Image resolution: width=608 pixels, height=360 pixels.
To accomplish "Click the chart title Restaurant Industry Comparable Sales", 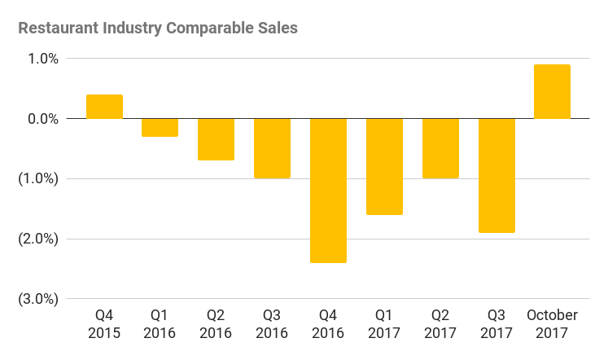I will click(158, 29).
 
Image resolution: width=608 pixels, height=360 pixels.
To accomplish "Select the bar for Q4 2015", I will click(104, 107).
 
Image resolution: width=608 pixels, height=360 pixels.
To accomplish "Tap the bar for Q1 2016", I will click(160, 127).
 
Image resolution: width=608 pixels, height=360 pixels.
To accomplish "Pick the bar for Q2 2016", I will click(217, 139).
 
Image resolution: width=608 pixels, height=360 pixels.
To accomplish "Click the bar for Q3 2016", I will click(273, 148).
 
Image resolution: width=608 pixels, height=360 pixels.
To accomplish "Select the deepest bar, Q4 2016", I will click(328, 191).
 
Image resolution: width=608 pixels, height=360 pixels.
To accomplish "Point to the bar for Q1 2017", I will click(384, 166).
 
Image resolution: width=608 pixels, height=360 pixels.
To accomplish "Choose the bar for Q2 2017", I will click(440, 148).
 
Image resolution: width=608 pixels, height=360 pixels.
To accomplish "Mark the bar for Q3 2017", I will click(496, 175).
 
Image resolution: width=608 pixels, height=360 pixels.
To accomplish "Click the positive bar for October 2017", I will click(552, 91).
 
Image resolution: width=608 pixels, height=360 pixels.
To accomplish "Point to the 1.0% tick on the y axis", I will click(44, 59).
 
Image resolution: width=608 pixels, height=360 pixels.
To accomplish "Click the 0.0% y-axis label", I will click(44, 119).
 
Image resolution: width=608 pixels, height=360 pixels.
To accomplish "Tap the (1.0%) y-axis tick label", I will click(38, 179).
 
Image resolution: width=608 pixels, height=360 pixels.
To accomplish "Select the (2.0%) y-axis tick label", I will click(38, 239).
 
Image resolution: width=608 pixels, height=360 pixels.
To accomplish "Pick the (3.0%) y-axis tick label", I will click(38, 299).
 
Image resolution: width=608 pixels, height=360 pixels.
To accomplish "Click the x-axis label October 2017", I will click(552, 324).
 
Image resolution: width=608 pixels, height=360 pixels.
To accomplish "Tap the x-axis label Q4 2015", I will click(104, 324).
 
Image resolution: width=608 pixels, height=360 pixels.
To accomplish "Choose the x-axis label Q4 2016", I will click(328, 324).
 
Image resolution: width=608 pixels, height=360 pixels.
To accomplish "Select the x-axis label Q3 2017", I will click(496, 324).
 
